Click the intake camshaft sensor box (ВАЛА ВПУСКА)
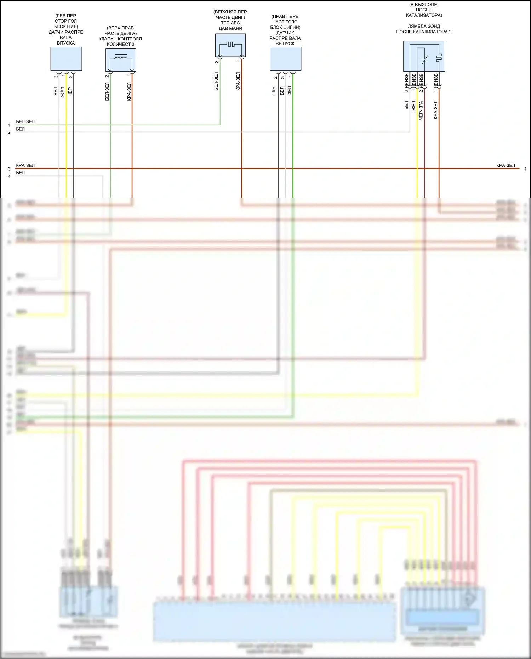[x=66, y=59]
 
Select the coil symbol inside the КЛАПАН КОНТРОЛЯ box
[x=121, y=57]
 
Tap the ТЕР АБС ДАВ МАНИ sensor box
[x=230, y=45]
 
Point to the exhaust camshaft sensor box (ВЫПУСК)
[x=285, y=59]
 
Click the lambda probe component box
[x=424, y=56]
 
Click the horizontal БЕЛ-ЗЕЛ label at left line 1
[x=25, y=121]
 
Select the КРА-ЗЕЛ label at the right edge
[x=506, y=165]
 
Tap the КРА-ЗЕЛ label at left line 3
[x=25, y=165]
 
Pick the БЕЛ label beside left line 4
[x=21, y=173]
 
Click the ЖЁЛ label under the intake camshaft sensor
[x=63, y=92]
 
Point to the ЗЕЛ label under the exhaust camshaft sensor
[x=289, y=90]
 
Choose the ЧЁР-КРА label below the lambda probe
[x=421, y=110]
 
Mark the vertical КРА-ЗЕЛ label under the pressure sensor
[x=238, y=81]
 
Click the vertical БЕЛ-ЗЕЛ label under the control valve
[x=107, y=91]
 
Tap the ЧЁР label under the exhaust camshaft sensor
[x=274, y=91]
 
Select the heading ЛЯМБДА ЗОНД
[x=424, y=26]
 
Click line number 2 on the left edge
[x=9, y=132]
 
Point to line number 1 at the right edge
[x=525, y=169]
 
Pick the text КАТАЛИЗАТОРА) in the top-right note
[x=424, y=15]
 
